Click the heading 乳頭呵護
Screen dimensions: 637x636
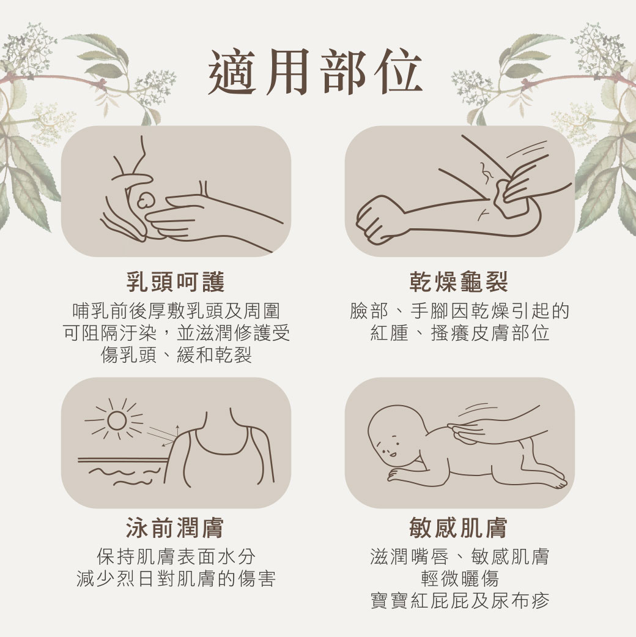pos(176,282)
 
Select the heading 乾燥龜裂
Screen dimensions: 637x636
pos(459,282)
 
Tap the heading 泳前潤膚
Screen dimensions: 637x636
pos(176,527)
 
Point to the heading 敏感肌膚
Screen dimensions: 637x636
pos(459,527)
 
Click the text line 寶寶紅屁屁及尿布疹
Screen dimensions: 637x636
pos(459,600)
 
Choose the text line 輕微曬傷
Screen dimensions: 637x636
pos(459,578)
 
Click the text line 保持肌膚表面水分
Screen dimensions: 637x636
pos(176,556)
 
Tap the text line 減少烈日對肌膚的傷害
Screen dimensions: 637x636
pos(176,578)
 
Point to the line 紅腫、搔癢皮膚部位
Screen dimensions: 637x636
pos(459,333)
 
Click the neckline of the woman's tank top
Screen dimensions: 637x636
pos(220,447)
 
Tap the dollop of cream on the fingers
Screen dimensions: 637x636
pos(147,199)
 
